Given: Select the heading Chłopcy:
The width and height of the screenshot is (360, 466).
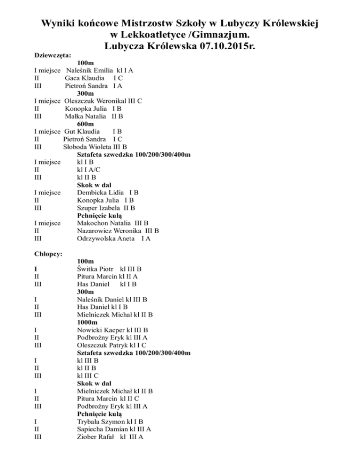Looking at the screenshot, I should [x=49, y=254].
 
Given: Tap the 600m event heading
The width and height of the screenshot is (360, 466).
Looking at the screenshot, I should [x=85, y=124].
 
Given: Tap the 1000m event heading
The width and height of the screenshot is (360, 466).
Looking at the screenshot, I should [x=87, y=323].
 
